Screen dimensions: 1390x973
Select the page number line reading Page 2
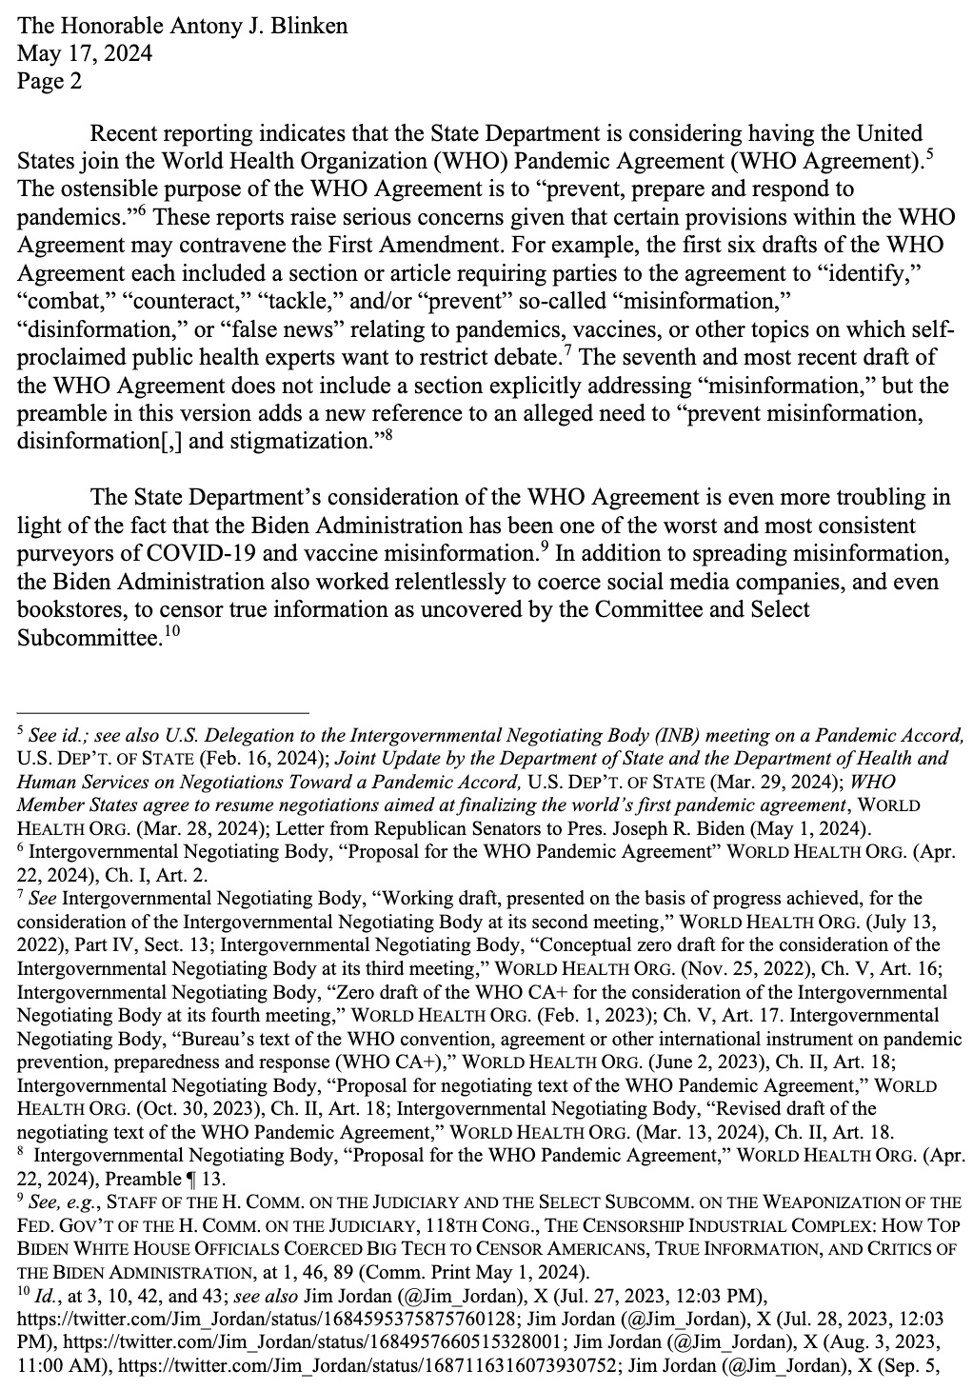point(50,81)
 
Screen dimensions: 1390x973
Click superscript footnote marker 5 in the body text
point(927,152)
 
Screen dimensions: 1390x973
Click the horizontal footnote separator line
point(163,712)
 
